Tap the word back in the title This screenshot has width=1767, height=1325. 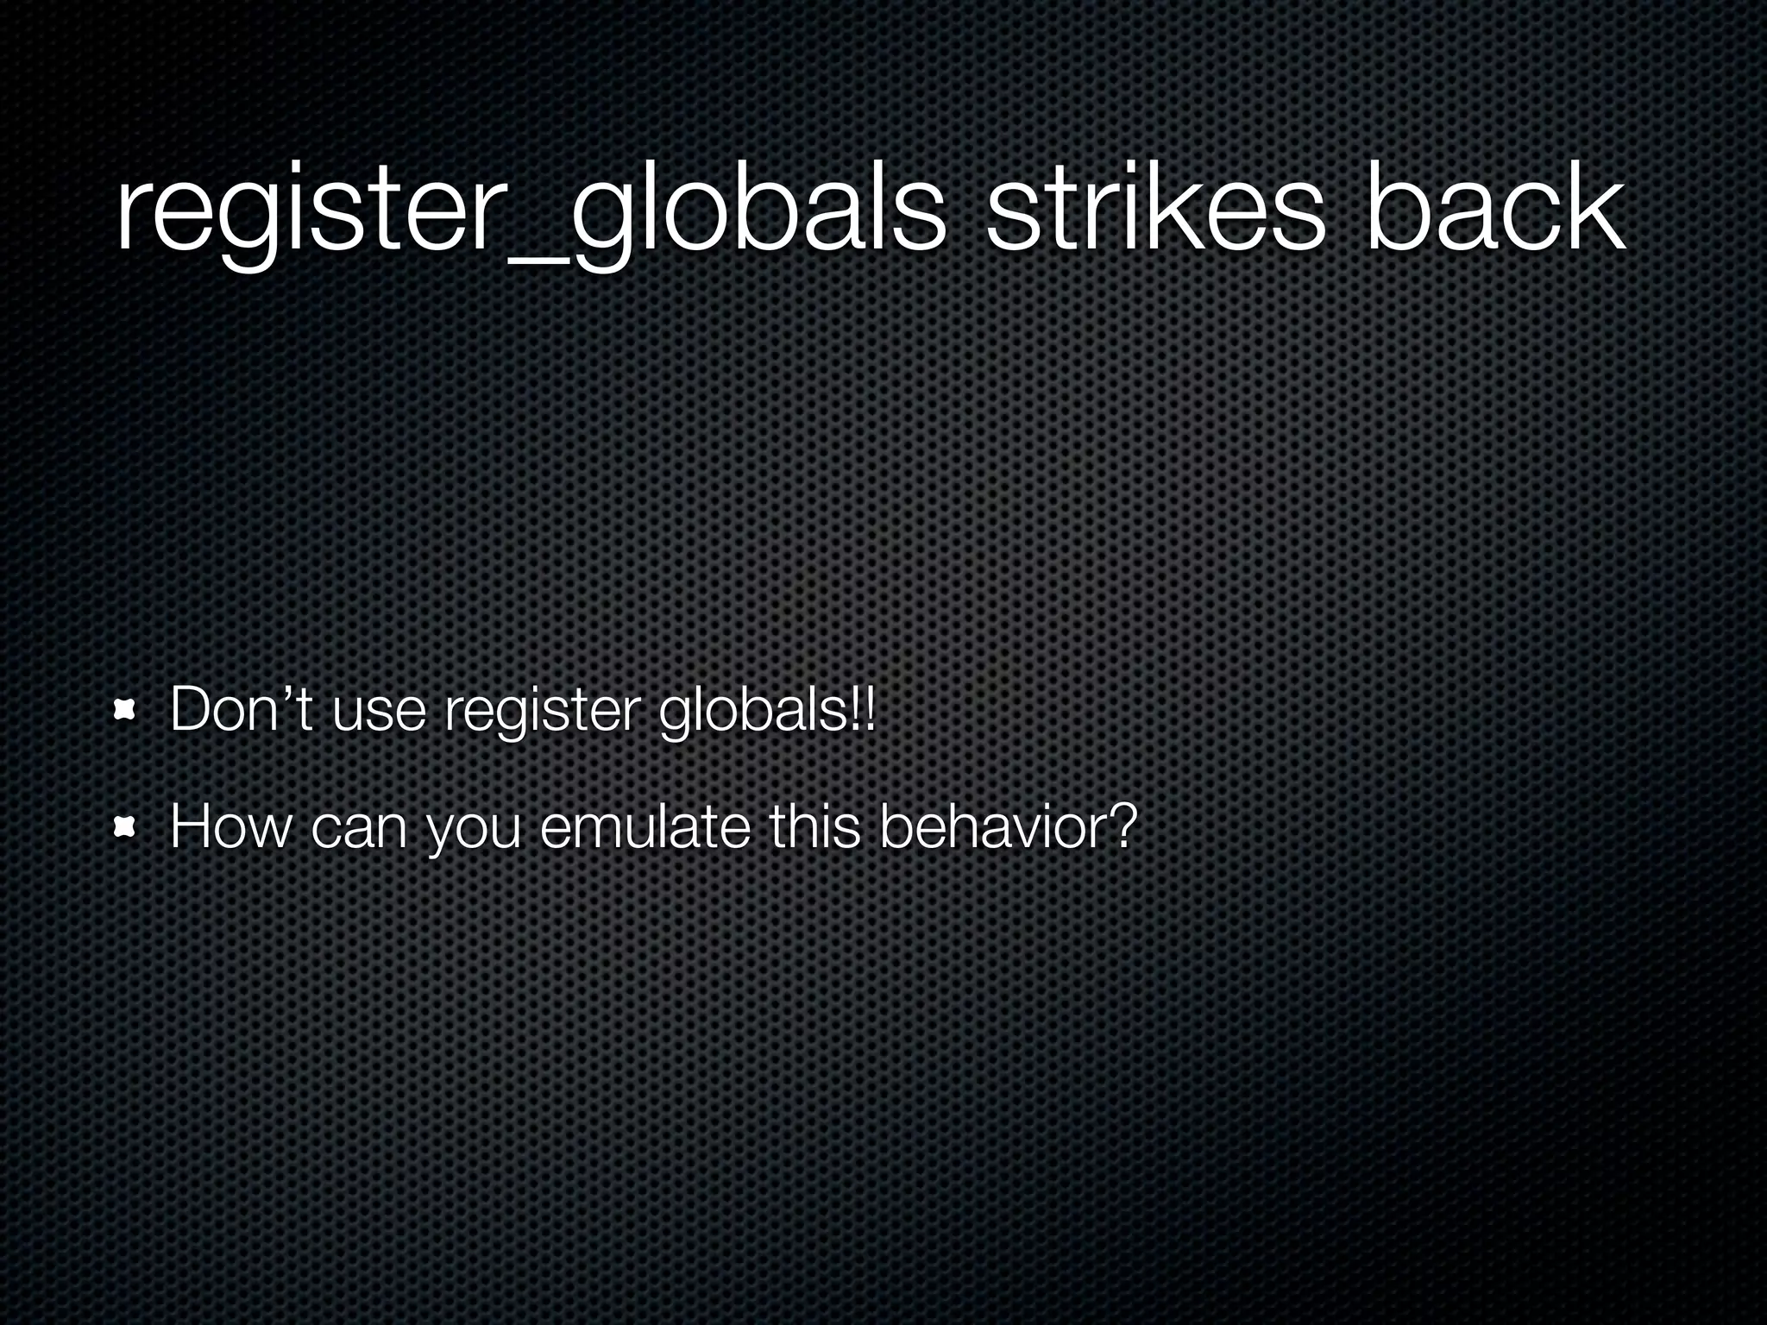[x=1493, y=211]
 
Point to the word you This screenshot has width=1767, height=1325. [x=474, y=832]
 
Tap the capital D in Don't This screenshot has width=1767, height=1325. [x=192, y=709]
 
